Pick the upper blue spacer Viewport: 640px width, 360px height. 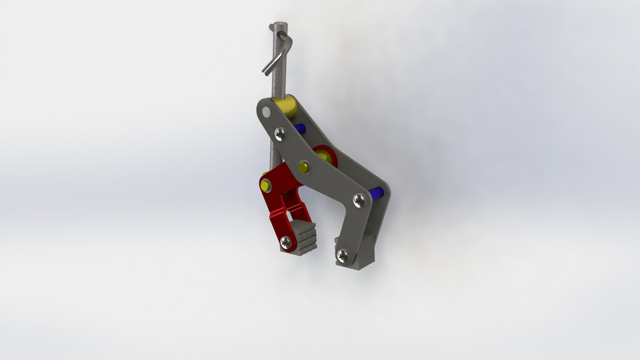click(x=299, y=128)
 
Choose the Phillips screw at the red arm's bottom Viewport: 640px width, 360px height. click(x=286, y=241)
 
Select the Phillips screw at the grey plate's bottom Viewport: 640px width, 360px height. click(x=343, y=254)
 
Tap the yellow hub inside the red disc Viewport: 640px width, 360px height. click(x=327, y=157)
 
